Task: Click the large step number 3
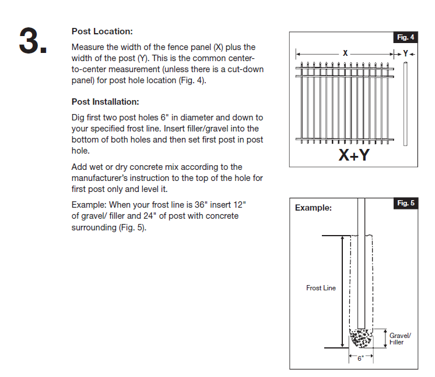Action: coord(33,41)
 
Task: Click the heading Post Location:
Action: coord(102,31)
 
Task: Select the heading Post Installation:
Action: coord(105,101)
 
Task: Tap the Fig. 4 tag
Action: coord(406,37)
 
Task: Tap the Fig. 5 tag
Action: coord(406,203)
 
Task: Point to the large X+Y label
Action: coord(354,155)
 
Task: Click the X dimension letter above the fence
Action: coord(345,53)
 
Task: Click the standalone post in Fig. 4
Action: coord(406,105)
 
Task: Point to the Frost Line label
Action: coord(321,288)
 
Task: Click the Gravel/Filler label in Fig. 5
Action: coord(400,339)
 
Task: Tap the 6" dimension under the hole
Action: coord(360,358)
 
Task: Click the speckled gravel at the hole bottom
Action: coord(360,339)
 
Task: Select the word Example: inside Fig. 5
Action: coord(313,208)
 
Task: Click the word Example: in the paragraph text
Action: coord(89,205)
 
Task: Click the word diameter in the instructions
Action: coord(215,118)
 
